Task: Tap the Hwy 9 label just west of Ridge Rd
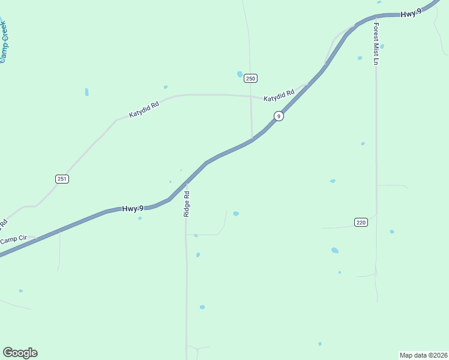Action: tap(133, 209)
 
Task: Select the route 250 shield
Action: tap(251, 79)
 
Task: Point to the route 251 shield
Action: tap(62, 179)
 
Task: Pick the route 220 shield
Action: tap(360, 222)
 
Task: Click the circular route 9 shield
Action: tap(279, 116)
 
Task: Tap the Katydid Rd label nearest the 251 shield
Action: tap(144, 109)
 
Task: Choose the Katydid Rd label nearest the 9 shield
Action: tap(279, 95)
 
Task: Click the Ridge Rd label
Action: tap(187, 203)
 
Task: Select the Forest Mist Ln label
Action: tap(376, 44)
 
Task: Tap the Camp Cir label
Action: tap(14, 240)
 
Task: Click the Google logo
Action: tap(20, 353)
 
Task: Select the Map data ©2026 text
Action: tap(423, 355)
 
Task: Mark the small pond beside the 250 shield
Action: tap(240, 74)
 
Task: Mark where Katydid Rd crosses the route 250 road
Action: tap(250, 95)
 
